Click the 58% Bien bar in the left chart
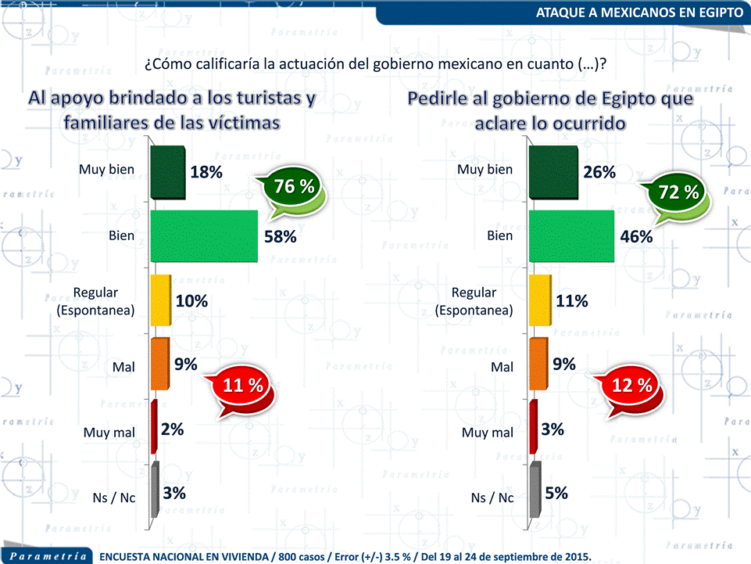(x=204, y=235)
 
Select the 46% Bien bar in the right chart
(x=571, y=235)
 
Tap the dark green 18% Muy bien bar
(x=167, y=171)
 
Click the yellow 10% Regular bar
(x=160, y=300)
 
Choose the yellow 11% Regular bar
(x=540, y=300)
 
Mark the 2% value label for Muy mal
(x=173, y=429)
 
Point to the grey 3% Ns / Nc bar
(x=155, y=494)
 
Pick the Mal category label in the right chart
(x=502, y=366)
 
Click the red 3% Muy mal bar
(x=533, y=427)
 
